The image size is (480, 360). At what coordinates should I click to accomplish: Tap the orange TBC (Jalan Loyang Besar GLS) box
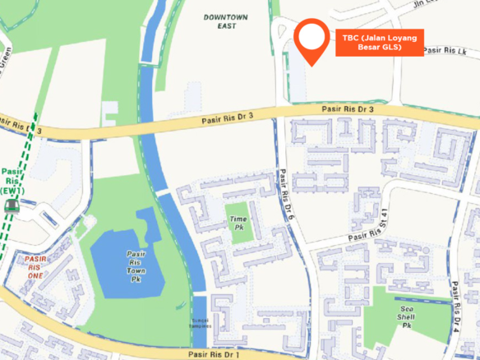click(x=379, y=43)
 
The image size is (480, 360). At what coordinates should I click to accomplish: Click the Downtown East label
click(x=219, y=21)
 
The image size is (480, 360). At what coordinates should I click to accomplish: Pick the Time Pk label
click(x=238, y=220)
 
